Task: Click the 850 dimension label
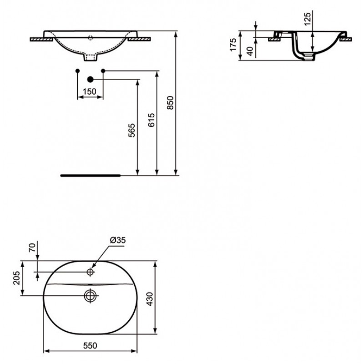[x=170, y=103]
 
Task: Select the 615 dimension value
[x=151, y=120]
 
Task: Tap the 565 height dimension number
[x=131, y=130]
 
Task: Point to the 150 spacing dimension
[x=89, y=91]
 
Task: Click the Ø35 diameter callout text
[x=118, y=240]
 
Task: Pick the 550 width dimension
[x=90, y=346]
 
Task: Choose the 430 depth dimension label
[x=150, y=299]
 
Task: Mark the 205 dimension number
[x=16, y=278]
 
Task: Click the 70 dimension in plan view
[x=32, y=247]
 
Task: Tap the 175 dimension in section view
[x=233, y=44]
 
